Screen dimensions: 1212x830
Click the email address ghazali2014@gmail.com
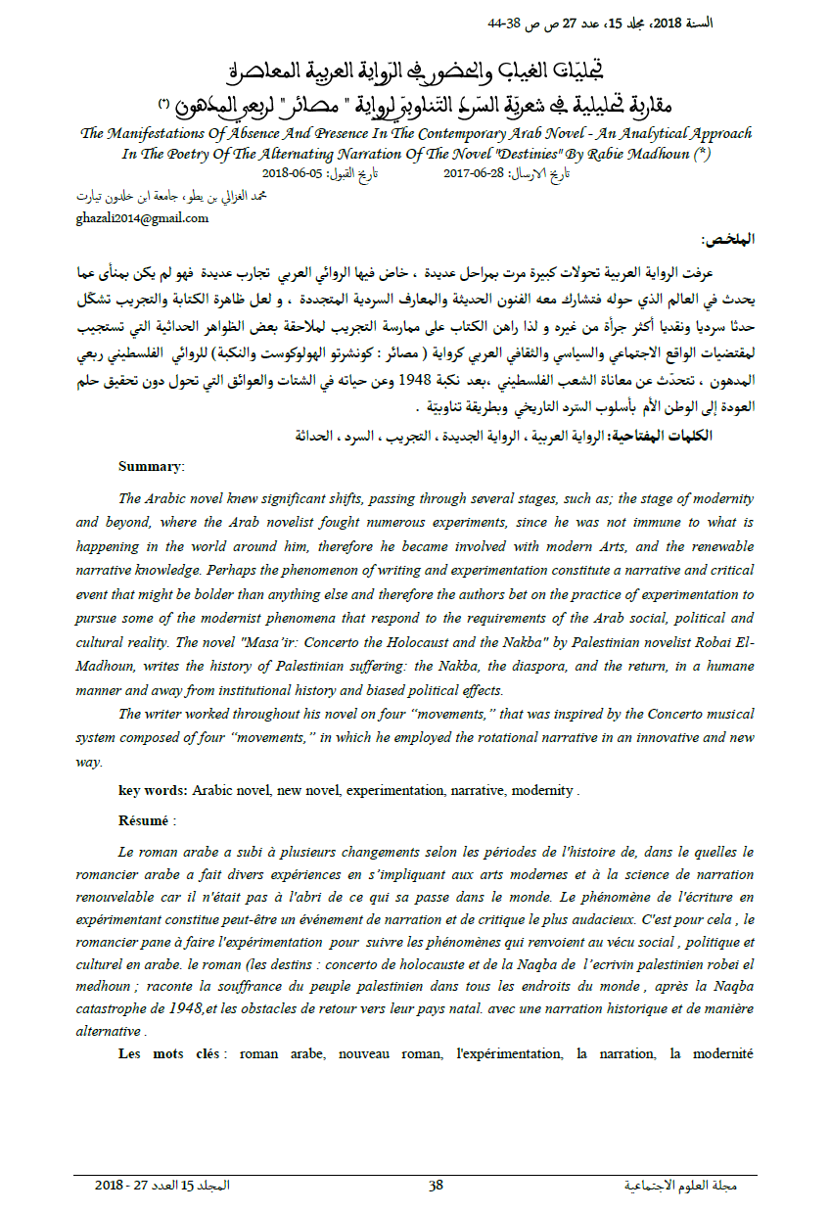pos(142,217)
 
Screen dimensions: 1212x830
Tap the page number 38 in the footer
pos(436,1186)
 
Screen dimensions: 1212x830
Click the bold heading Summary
pos(150,466)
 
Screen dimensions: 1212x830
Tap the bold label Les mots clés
pos(172,1053)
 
